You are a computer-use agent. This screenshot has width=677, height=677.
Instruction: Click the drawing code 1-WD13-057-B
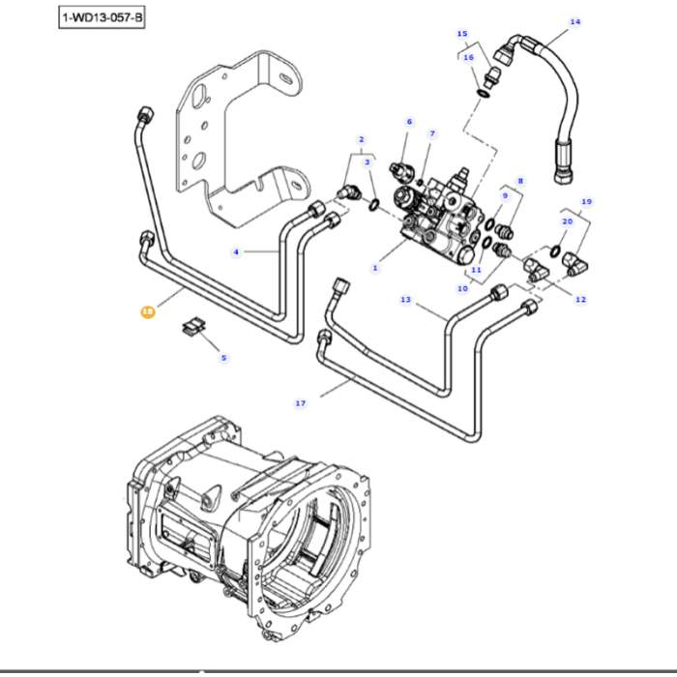coord(102,17)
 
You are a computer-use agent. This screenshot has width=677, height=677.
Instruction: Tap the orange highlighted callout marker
coord(147,311)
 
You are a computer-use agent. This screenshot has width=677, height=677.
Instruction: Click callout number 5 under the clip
coord(223,358)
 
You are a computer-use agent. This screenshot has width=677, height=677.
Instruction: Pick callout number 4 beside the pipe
coord(235,252)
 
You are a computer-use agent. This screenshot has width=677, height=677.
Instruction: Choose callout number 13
coord(406,300)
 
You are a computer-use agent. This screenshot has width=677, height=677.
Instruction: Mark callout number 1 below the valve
coord(375,267)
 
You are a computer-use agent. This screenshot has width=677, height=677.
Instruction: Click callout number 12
coord(580,300)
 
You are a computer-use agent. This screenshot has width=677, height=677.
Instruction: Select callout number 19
coord(586,201)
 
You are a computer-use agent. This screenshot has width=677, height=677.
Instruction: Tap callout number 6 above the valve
coord(409,122)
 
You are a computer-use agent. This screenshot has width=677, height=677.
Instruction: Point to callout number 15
coord(461,34)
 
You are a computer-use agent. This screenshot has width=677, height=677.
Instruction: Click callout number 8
coord(520,181)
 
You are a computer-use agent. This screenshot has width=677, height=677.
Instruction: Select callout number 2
coord(361,139)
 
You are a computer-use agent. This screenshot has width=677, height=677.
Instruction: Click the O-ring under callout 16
coord(483,93)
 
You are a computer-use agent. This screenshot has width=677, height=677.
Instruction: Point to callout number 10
coord(462,288)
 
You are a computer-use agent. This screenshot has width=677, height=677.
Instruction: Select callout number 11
coord(476,270)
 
